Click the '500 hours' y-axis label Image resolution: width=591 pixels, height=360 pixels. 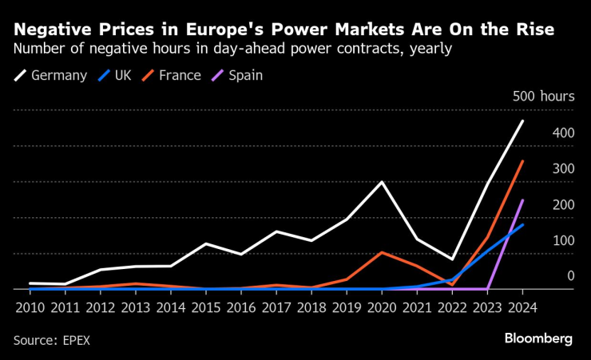tap(543, 97)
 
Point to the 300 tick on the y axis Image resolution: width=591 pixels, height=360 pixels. tap(563, 168)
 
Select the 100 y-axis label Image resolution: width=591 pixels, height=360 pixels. tap(563, 240)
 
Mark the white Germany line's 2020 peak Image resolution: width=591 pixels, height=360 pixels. tap(381, 182)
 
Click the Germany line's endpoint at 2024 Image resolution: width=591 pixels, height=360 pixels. tap(522, 121)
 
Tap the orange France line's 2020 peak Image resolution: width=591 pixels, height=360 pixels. tap(381, 252)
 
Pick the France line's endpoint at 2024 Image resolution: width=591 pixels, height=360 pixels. tap(522, 161)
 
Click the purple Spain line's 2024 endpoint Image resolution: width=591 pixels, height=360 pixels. tap(522, 200)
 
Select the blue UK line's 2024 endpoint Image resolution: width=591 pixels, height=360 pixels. tap(522, 225)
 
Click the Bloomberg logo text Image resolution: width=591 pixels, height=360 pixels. tap(537, 338)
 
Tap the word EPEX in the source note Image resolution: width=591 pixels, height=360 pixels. tap(76, 339)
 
